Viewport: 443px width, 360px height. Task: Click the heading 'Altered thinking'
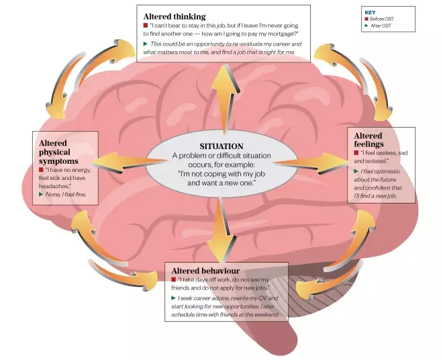click(x=175, y=16)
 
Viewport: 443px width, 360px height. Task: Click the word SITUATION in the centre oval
click(x=222, y=146)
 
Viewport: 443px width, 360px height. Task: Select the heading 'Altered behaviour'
click(x=205, y=271)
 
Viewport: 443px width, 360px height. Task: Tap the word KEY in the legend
click(x=370, y=12)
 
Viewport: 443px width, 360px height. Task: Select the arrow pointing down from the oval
click(x=219, y=232)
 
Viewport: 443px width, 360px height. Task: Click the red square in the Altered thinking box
click(x=146, y=25)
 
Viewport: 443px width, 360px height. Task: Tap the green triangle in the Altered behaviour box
click(x=174, y=298)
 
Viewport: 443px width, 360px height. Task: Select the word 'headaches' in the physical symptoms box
click(x=54, y=185)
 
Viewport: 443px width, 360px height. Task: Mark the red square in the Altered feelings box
click(x=356, y=153)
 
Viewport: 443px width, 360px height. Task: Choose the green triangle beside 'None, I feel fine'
click(x=41, y=194)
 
